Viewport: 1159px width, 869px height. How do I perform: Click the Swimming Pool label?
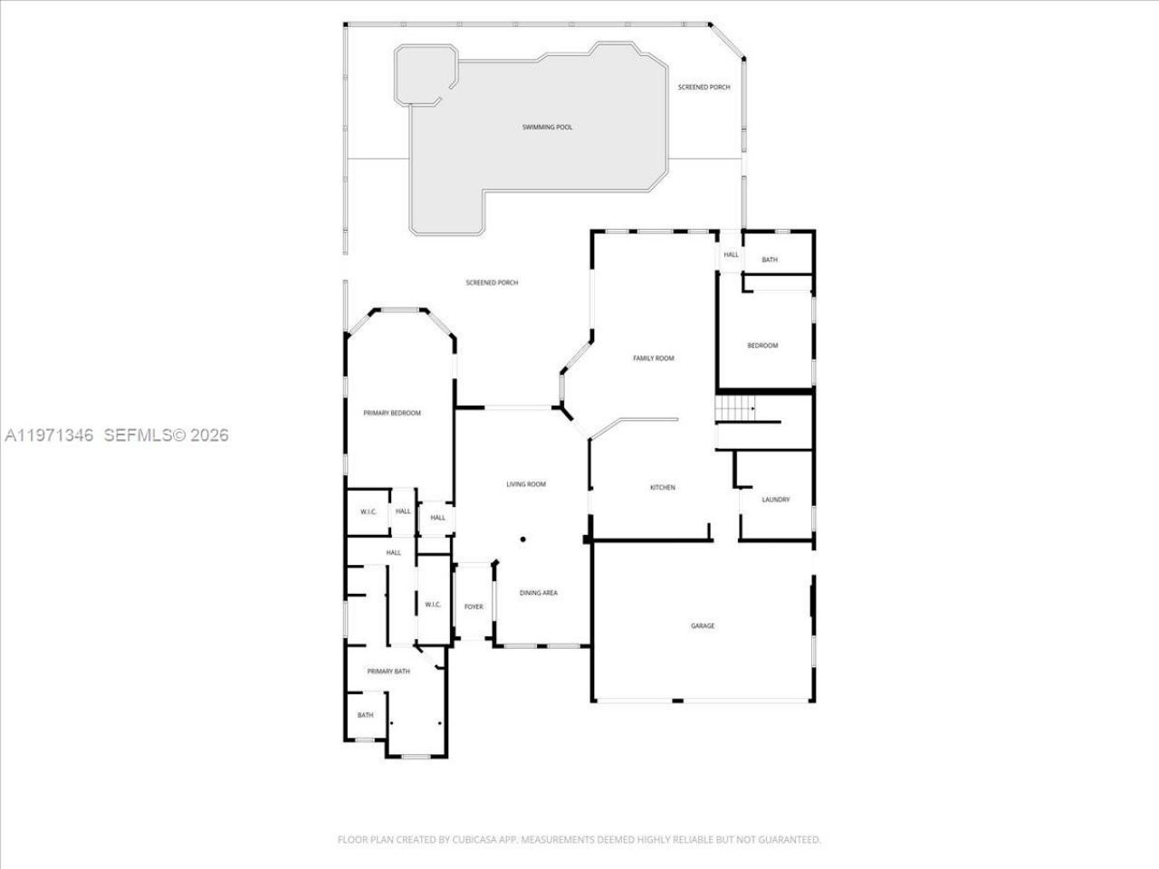pyautogui.click(x=547, y=128)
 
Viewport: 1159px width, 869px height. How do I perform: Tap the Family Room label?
pyautogui.click(x=653, y=358)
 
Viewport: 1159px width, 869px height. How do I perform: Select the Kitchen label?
pyautogui.click(x=663, y=488)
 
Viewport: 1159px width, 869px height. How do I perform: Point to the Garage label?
pyautogui.click(x=703, y=625)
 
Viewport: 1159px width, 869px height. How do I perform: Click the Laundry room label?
pyautogui.click(x=775, y=500)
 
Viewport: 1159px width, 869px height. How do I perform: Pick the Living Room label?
pyautogui.click(x=525, y=484)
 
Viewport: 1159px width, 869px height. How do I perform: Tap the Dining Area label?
pyautogui.click(x=538, y=593)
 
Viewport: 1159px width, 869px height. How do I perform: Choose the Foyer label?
pyautogui.click(x=474, y=606)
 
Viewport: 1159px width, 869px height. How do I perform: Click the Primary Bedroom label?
pyautogui.click(x=392, y=413)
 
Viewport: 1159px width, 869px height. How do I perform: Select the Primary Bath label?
pyautogui.click(x=388, y=672)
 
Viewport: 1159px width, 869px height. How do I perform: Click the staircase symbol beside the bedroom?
pyautogui.click(x=735, y=410)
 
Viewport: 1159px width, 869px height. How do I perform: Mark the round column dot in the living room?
pyautogui.click(x=522, y=540)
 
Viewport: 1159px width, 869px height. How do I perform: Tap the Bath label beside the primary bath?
pyautogui.click(x=365, y=715)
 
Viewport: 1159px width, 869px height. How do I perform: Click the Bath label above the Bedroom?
pyautogui.click(x=769, y=261)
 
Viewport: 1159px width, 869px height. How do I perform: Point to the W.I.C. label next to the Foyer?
pyautogui.click(x=432, y=605)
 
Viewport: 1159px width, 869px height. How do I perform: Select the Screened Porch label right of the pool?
pyautogui.click(x=704, y=88)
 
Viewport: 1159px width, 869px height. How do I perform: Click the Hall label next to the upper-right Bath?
pyautogui.click(x=731, y=255)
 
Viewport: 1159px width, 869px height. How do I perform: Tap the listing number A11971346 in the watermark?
pyautogui.click(x=50, y=435)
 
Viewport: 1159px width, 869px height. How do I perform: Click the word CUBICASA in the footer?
pyautogui.click(x=471, y=840)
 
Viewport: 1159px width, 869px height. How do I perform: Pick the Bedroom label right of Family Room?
pyautogui.click(x=761, y=346)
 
